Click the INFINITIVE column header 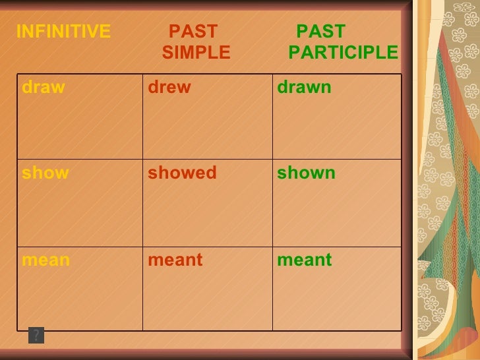click(x=63, y=32)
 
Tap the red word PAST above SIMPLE click(x=193, y=32)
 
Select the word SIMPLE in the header click(x=196, y=53)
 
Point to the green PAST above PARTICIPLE click(x=320, y=32)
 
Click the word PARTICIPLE click(x=343, y=53)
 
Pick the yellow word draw click(x=44, y=88)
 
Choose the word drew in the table click(x=169, y=88)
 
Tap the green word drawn click(x=304, y=88)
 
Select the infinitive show click(x=45, y=173)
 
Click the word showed click(x=182, y=173)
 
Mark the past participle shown click(x=306, y=173)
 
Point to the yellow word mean click(x=45, y=260)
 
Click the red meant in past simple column click(x=175, y=260)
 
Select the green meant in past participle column click(x=305, y=260)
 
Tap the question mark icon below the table click(x=36, y=336)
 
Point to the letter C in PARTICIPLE click(x=359, y=53)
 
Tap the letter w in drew click(x=183, y=88)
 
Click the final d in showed click(x=211, y=173)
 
